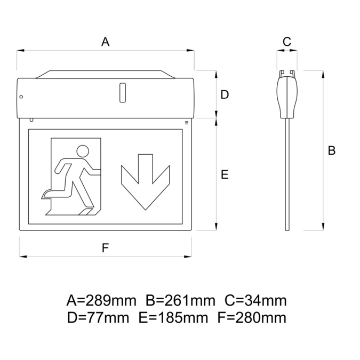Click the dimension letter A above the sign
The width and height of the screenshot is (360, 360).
click(106, 42)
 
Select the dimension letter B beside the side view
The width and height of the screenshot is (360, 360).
click(331, 150)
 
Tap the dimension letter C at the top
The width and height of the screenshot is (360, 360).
click(286, 42)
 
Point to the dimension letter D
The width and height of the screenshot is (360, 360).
click(225, 94)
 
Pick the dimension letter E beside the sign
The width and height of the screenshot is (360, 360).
click(225, 174)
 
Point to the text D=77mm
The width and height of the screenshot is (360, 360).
click(98, 318)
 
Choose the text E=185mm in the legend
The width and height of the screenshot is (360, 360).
click(173, 318)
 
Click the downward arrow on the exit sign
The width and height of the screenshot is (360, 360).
click(145, 181)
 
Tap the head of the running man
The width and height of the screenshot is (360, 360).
click(83, 152)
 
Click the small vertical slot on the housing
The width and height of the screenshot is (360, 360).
click(122, 92)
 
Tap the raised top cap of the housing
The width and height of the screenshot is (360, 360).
click(105, 74)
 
